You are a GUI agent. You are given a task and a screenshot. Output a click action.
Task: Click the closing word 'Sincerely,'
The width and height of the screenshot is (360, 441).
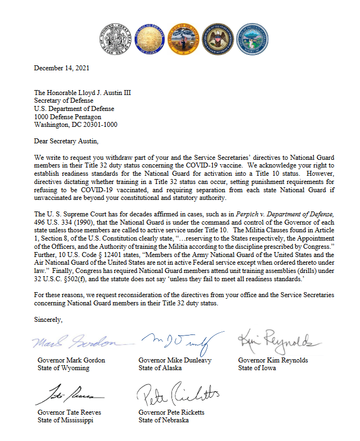click(48, 320)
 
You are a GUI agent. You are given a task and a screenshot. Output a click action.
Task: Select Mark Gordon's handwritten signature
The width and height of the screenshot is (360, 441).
click(75, 342)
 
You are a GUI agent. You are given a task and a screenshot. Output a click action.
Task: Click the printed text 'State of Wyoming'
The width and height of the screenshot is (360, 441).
click(63, 368)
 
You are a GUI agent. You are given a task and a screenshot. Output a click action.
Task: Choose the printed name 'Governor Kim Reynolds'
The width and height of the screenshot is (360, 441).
click(273, 360)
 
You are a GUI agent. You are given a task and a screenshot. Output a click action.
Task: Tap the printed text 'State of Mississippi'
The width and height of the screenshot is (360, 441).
click(65, 420)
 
